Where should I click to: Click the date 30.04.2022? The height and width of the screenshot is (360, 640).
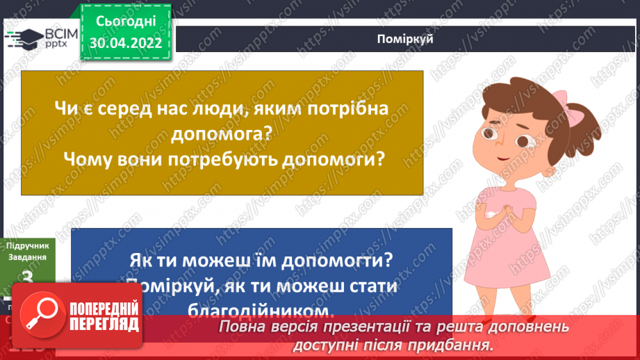point(125,43)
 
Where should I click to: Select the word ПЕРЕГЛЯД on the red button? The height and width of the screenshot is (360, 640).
point(104,324)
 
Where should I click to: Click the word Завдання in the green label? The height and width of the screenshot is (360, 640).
point(28,257)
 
